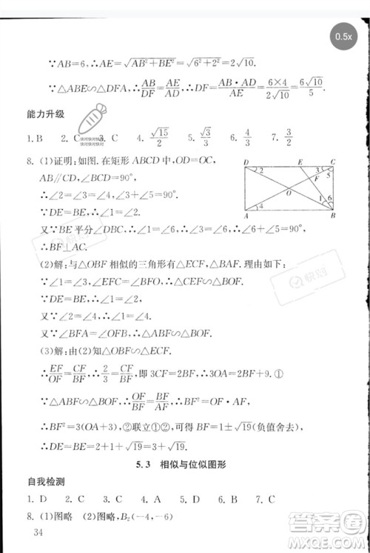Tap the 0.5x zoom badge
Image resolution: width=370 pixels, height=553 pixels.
[x=343, y=36]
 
